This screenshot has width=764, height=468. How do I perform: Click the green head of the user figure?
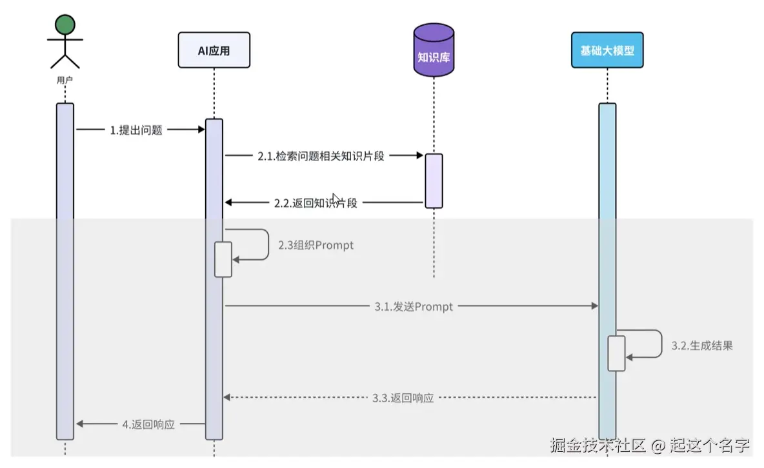coord(65,25)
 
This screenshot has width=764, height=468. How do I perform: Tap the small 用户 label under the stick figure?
coord(65,81)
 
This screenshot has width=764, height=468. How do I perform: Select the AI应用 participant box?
coord(214,51)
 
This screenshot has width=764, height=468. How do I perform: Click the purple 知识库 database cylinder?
coord(434,52)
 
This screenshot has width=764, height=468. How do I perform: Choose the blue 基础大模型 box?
coord(607,50)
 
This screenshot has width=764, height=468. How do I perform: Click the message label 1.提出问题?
coord(136,130)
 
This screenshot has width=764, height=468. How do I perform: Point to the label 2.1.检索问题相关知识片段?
coord(321,156)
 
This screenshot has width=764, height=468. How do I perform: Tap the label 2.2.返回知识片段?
coord(316,203)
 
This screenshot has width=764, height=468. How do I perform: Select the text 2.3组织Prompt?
coord(316,246)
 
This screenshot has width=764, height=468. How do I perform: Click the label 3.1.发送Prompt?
coord(414,307)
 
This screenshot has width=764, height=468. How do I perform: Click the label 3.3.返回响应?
coord(403,398)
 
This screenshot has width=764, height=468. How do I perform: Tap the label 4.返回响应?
coord(148,425)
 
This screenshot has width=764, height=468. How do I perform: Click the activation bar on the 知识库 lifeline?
coord(434,180)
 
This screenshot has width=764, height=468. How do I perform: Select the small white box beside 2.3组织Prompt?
coord(223,259)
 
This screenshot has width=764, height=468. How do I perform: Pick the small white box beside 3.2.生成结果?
coord(616,353)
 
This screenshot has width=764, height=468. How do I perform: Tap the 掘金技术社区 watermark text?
coord(598,445)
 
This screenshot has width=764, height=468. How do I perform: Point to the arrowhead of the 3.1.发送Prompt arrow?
coord(594,307)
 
